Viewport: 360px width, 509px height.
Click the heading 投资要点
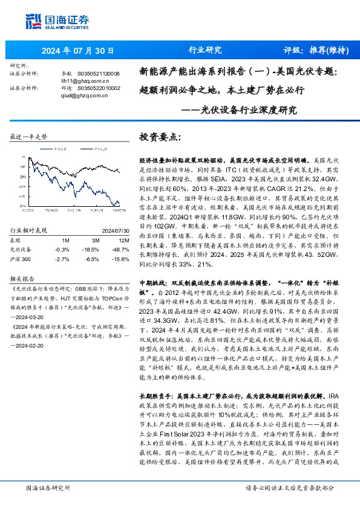tap(160, 137)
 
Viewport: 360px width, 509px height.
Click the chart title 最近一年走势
tap(29, 137)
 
